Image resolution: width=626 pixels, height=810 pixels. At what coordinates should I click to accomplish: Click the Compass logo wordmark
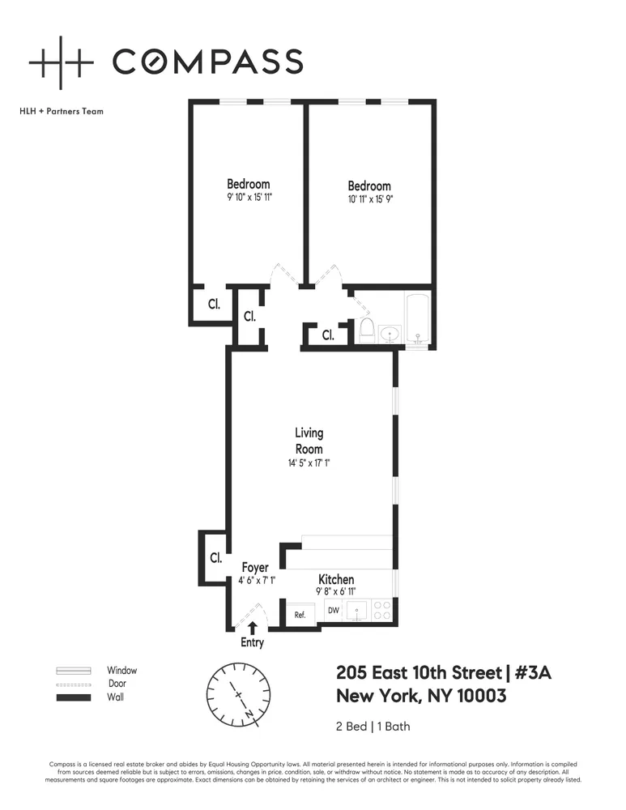coord(207,62)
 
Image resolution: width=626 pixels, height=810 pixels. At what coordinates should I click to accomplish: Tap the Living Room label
coord(309,441)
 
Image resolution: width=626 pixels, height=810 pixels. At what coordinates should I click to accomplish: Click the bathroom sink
coord(391,333)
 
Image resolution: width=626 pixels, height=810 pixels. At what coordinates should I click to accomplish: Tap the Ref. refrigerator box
coord(300,614)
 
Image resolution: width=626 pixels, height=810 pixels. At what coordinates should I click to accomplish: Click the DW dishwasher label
coord(333,610)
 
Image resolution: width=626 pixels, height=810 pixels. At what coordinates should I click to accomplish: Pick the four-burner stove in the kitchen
coord(382,610)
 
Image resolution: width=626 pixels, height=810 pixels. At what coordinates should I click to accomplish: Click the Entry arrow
coord(253,627)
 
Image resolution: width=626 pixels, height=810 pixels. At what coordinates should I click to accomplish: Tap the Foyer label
coord(255,568)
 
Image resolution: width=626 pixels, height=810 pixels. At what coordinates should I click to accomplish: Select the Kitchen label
coord(335,579)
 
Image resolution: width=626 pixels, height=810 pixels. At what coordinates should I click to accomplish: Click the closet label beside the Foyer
coord(215,557)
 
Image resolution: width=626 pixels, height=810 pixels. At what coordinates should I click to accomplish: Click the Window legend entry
coord(121,671)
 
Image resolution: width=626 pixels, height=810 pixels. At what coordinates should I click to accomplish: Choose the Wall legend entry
coord(116,697)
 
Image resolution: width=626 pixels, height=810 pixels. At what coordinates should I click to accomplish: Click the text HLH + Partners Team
coord(62,111)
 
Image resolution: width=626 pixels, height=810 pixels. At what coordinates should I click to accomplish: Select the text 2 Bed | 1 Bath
coord(373,726)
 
